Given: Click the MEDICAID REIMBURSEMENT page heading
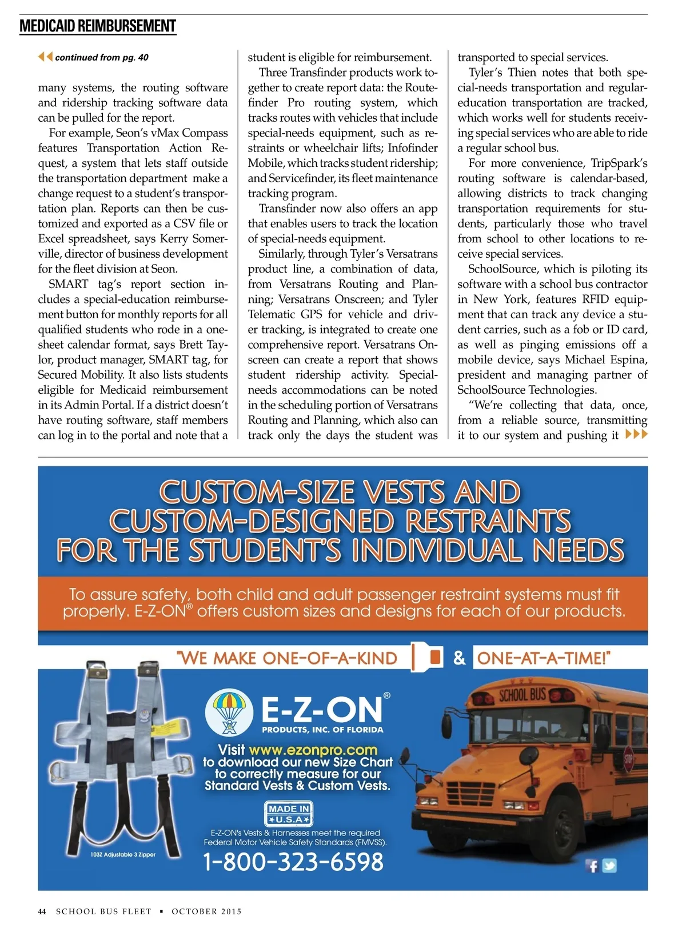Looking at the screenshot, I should click(x=98, y=26).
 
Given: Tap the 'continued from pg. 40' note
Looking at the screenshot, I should click(x=101, y=57).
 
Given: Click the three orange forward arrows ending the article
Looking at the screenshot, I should click(x=636, y=434).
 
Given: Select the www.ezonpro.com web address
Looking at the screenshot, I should click(x=313, y=750).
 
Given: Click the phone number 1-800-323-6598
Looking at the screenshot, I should click(x=293, y=862).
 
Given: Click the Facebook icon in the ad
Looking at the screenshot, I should click(x=592, y=866).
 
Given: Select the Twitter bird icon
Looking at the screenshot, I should click(x=609, y=866).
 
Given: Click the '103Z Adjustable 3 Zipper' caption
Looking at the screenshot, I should click(x=123, y=855).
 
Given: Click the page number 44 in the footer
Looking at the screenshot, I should click(x=42, y=911).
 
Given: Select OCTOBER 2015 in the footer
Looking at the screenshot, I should click(x=206, y=911).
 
